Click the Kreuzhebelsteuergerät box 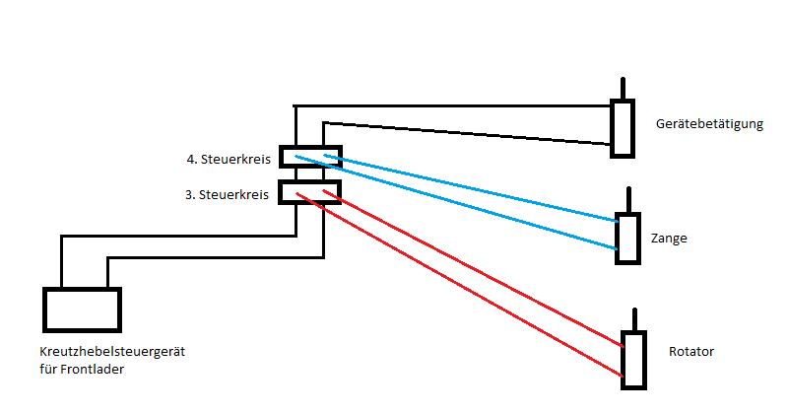pyautogui.click(x=82, y=310)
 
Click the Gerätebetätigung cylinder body pyautogui.click(x=622, y=127)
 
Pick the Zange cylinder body pyautogui.click(x=627, y=239)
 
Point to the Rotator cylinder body pyautogui.click(x=633, y=360)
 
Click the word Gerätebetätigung pyautogui.click(x=708, y=124)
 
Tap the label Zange pyautogui.click(x=669, y=239)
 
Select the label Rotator pyautogui.click(x=690, y=352)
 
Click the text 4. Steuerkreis pyautogui.click(x=228, y=160)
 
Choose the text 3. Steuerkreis pyautogui.click(x=228, y=194)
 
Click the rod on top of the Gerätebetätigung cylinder pyautogui.click(x=622, y=89)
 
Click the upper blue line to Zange pyautogui.click(x=473, y=187)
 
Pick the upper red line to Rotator pyautogui.click(x=473, y=267)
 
